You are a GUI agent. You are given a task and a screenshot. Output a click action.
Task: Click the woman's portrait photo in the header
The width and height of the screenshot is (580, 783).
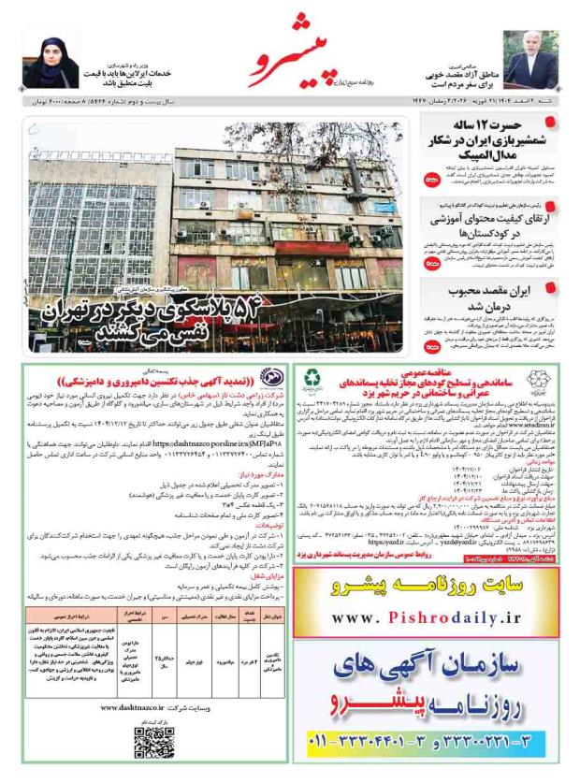(x=48, y=60)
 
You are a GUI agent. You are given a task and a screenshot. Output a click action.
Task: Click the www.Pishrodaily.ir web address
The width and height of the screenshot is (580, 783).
(x=429, y=617)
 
